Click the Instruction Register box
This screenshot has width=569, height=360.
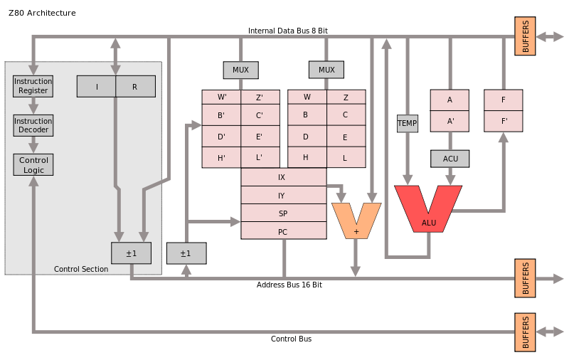coord(33,86)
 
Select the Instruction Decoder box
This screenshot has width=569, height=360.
coord(33,125)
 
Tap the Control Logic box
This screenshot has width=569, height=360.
coord(33,165)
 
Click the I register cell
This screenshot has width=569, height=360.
coord(97,86)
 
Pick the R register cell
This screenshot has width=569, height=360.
coord(135,86)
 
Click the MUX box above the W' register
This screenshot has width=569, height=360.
coord(240,70)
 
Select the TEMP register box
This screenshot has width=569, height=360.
coord(407,123)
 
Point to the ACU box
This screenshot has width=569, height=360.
coord(450,159)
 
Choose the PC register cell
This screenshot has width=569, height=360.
coord(284,231)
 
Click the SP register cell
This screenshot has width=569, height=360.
coord(284,213)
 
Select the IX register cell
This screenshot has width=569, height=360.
coord(284,177)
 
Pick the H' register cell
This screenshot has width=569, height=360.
coord(221,157)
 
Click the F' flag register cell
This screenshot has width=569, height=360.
coord(504,121)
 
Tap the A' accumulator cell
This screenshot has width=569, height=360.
coord(450,121)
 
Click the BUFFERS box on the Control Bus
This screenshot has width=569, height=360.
coord(525,332)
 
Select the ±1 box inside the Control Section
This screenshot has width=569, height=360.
coord(132,253)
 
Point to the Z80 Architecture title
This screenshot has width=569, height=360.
coord(42,13)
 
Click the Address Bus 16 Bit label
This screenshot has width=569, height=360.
coord(289,285)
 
